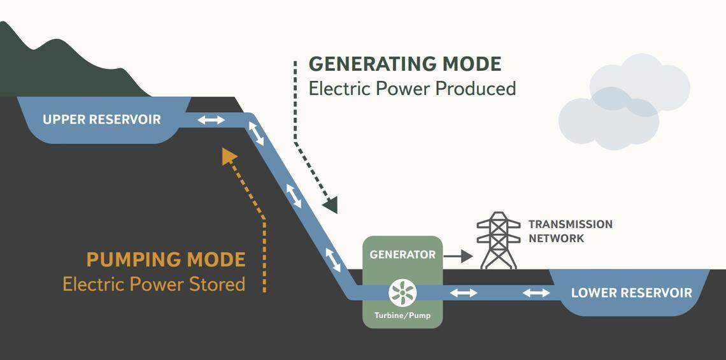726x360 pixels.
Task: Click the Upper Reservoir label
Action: [x=102, y=119]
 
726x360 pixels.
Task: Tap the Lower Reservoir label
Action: [x=631, y=293]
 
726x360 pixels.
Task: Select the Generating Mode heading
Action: [x=405, y=64]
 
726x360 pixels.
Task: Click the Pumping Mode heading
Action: [x=166, y=260]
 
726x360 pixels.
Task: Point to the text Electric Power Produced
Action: [x=412, y=89]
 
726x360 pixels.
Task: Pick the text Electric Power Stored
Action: [x=153, y=284]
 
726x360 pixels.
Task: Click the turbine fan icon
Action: [x=402, y=293]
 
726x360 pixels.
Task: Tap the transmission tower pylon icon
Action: [x=499, y=240]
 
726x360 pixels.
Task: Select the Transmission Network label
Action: [x=570, y=231]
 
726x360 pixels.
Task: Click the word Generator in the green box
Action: [x=402, y=254]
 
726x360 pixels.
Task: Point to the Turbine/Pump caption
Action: [x=402, y=315]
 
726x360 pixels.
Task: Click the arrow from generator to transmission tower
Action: [x=458, y=256]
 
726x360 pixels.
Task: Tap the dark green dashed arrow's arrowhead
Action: [x=331, y=205]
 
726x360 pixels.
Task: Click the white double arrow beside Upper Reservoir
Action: [x=211, y=120]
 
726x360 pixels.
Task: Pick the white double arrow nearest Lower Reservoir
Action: [x=537, y=293]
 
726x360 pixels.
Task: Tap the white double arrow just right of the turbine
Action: [x=464, y=293]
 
